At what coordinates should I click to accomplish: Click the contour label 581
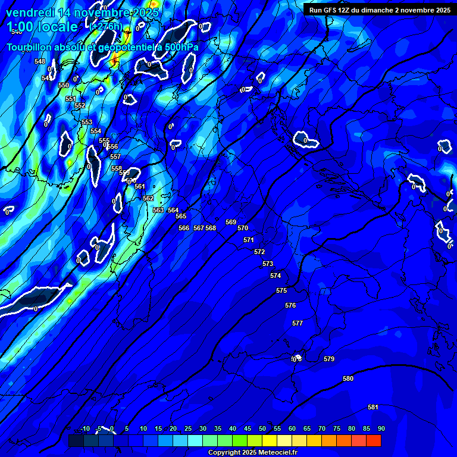coord(373,408)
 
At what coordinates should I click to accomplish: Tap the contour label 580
coord(348,379)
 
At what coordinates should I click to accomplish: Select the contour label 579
coord(329,359)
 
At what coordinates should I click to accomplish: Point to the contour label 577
coord(298,324)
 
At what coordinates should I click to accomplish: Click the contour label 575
coord(281,291)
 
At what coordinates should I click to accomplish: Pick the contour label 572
coord(259,252)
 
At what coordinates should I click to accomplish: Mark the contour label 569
coord(231,223)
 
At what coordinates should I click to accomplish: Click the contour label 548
coord(40,62)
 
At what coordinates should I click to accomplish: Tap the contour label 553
coord(87,123)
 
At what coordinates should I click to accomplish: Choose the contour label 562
coord(148,199)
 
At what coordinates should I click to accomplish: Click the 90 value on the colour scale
coord(381,429)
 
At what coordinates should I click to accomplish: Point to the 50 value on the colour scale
coord(262,429)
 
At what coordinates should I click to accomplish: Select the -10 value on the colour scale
coord(85,429)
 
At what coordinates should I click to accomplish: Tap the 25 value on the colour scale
coord(188,429)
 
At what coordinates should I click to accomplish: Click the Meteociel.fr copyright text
coord(253,453)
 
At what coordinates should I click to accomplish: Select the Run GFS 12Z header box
coord(380,10)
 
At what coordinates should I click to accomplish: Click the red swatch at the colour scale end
coord(374,441)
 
